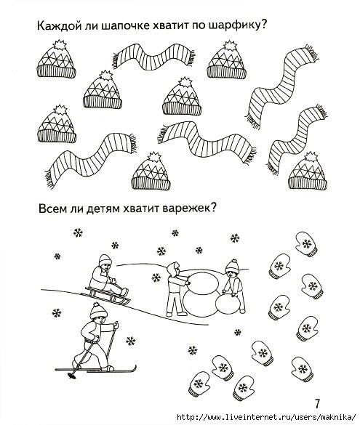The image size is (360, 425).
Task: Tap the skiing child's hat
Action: tap(97, 310)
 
